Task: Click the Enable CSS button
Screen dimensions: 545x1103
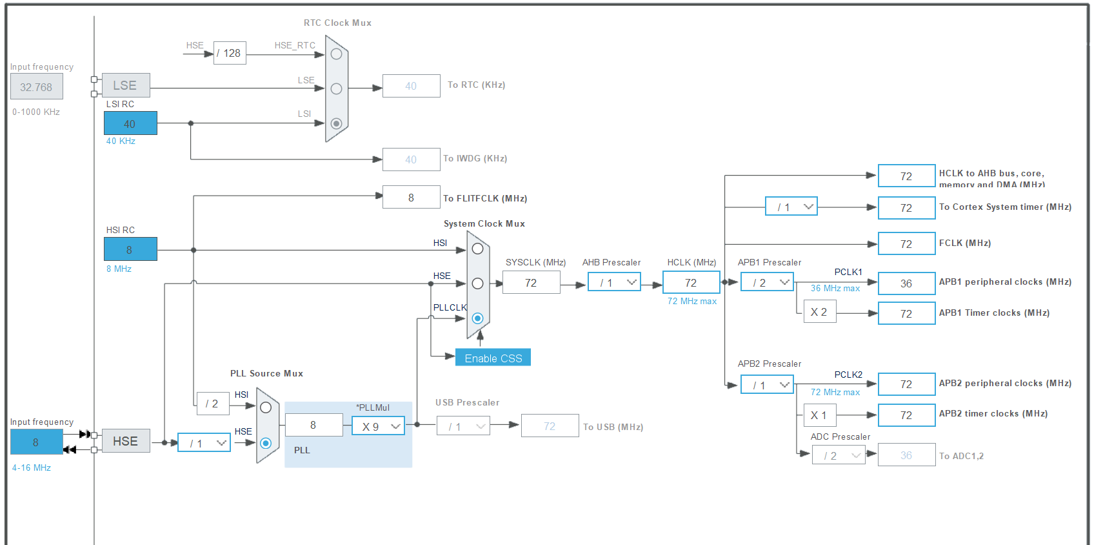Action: [x=493, y=358]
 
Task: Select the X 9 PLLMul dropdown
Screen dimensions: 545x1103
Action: [x=379, y=426]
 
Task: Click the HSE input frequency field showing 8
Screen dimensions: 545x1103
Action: [x=36, y=442]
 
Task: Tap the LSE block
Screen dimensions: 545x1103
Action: [x=125, y=85]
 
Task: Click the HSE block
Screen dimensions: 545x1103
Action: [x=125, y=441]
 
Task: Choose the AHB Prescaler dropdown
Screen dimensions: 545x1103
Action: [x=614, y=282]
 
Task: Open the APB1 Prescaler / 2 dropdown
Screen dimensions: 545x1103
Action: [x=767, y=282]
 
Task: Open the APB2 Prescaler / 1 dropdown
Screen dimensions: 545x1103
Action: [x=767, y=385]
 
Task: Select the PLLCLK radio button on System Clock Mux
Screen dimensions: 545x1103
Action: [x=477, y=318]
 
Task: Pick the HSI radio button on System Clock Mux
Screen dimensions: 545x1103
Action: [x=477, y=249]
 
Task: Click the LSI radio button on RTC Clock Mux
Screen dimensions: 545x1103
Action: [x=336, y=123]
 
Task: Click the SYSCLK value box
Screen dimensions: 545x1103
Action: [x=531, y=283]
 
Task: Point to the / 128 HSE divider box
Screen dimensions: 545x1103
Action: [x=230, y=53]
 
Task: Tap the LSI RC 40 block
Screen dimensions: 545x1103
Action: [x=130, y=123]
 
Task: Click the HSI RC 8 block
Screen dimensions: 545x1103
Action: [x=130, y=249]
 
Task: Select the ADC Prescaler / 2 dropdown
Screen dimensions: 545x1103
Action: [x=839, y=455]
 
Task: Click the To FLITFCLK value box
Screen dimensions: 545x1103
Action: [x=411, y=198]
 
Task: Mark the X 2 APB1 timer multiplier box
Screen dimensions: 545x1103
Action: [x=819, y=312]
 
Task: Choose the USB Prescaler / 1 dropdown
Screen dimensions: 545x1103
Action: [x=464, y=426]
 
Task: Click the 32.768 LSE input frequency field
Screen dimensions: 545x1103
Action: [x=36, y=87]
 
